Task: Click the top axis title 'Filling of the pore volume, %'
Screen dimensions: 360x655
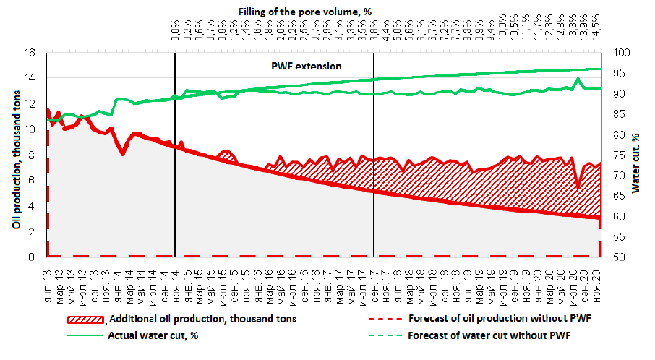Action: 309,11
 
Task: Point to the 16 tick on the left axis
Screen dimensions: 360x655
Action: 30,53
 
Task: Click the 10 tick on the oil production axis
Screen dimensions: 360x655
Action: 30,129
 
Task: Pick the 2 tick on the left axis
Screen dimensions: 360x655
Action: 33,232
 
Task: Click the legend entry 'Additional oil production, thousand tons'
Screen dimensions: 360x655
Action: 202,318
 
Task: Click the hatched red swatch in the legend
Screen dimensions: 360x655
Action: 86,318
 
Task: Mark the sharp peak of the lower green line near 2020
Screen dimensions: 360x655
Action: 578,79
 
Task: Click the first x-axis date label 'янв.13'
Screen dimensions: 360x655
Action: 48,274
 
